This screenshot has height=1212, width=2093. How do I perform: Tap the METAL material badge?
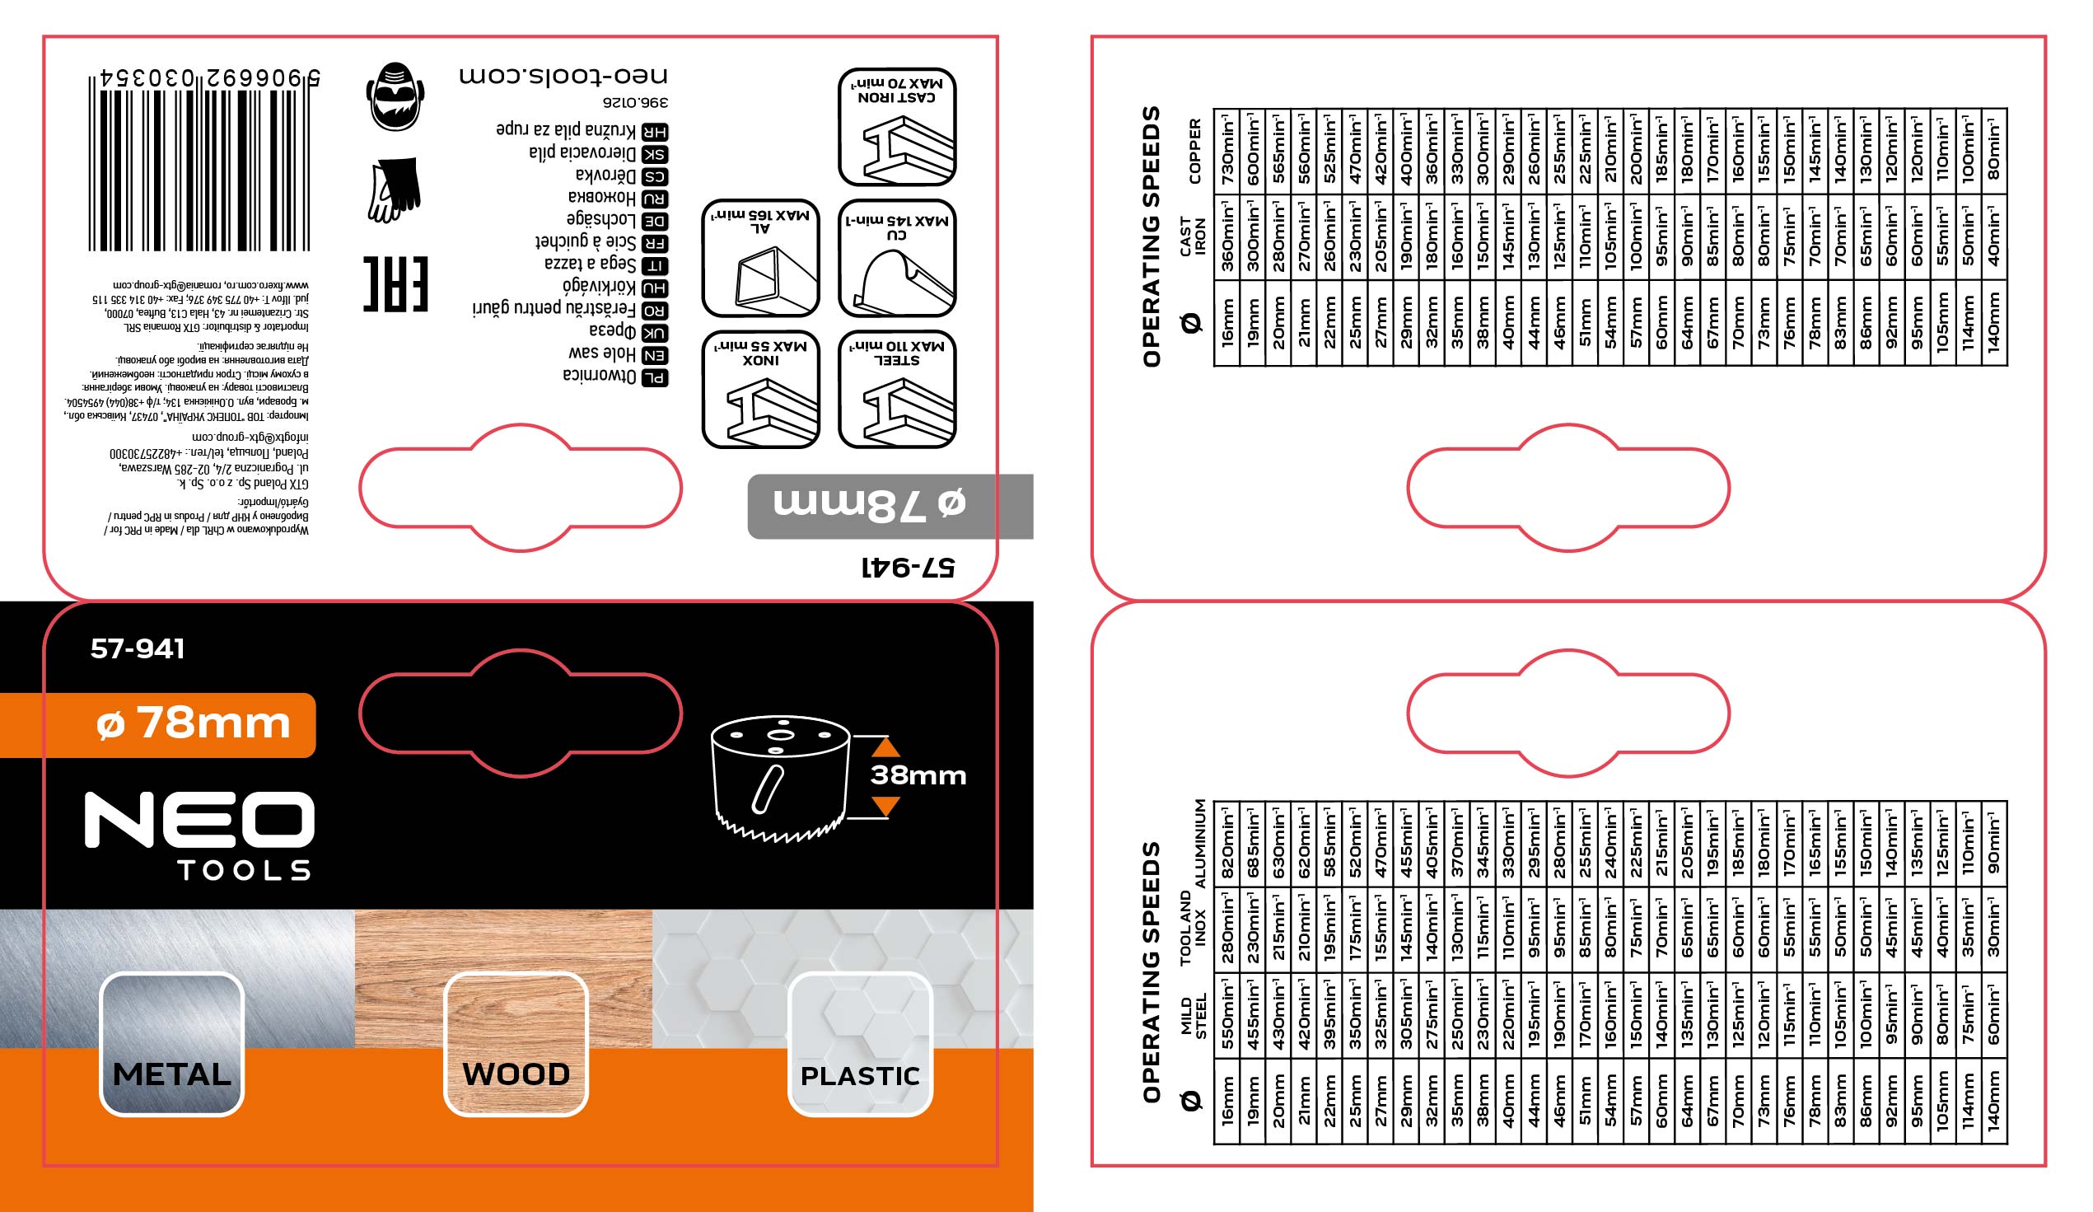point(171,1044)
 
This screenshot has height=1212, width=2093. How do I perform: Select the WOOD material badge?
point(516,1044)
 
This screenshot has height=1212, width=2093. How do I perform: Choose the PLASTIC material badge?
point(860,1044)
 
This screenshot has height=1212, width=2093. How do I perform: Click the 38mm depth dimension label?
point(918,775)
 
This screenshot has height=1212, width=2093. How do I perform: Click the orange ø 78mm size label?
point(193,723)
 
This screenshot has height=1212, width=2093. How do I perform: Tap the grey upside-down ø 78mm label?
point(870,505)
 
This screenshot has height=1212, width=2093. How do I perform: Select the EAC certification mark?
point(395,284)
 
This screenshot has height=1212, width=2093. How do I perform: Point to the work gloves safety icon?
point(395,190)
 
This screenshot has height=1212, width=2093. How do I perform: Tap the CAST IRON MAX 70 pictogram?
point(897,127)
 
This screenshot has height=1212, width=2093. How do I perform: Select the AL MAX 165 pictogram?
point(761,259)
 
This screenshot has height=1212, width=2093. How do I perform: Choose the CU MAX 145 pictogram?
point(897,259)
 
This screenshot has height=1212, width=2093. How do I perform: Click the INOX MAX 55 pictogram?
point(761,389)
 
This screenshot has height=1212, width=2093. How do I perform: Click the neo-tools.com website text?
point(563,76)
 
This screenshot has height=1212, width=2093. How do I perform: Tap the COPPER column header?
point(1195,150)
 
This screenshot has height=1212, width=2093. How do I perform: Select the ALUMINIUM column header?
point(1198,843)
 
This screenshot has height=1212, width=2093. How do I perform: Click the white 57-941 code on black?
point(138,648)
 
